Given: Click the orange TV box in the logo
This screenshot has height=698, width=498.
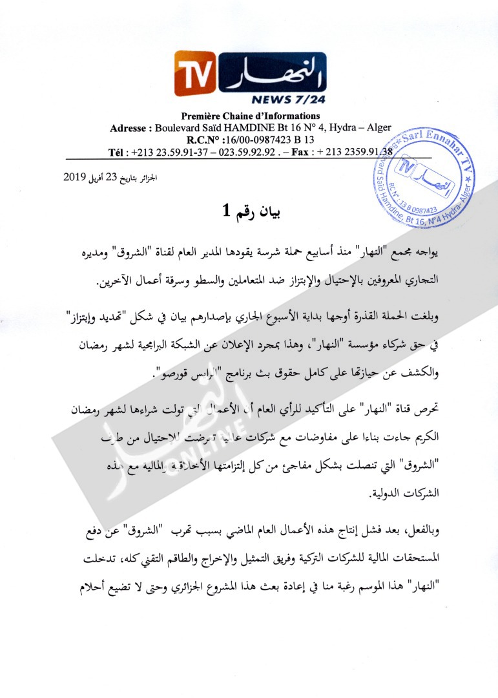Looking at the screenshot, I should (194, 74).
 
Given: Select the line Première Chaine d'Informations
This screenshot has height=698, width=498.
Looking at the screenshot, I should (250, 116).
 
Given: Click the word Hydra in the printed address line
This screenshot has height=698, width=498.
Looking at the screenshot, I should (342, 128).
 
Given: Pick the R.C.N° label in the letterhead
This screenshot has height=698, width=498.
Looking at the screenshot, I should (203, 140).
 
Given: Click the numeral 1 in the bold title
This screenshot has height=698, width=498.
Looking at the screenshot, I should (227, 211).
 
